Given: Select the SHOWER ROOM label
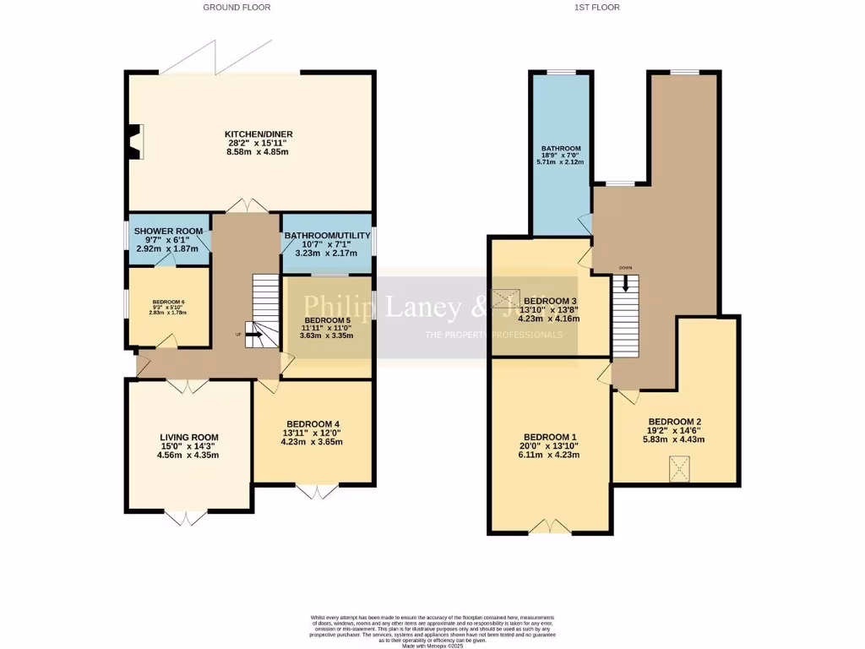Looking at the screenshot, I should [167, 232].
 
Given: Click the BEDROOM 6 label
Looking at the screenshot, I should [168, 302].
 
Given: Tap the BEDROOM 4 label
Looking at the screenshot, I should [313, 423].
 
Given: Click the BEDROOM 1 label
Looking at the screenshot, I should [548, 437].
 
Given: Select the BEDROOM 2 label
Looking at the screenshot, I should [674, 422].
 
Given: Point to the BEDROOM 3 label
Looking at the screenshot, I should [550, 301].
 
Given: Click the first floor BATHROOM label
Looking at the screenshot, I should [561, 149].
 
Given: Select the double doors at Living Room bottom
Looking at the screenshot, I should [182, 516].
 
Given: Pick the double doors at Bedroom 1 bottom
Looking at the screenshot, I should [550, 527].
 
